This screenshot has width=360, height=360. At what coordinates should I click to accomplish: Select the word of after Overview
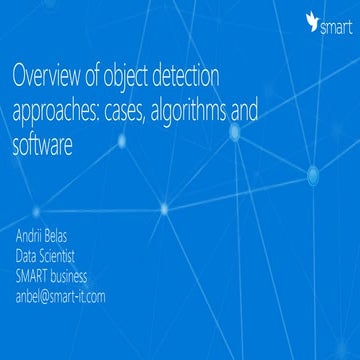click(96, 75)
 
